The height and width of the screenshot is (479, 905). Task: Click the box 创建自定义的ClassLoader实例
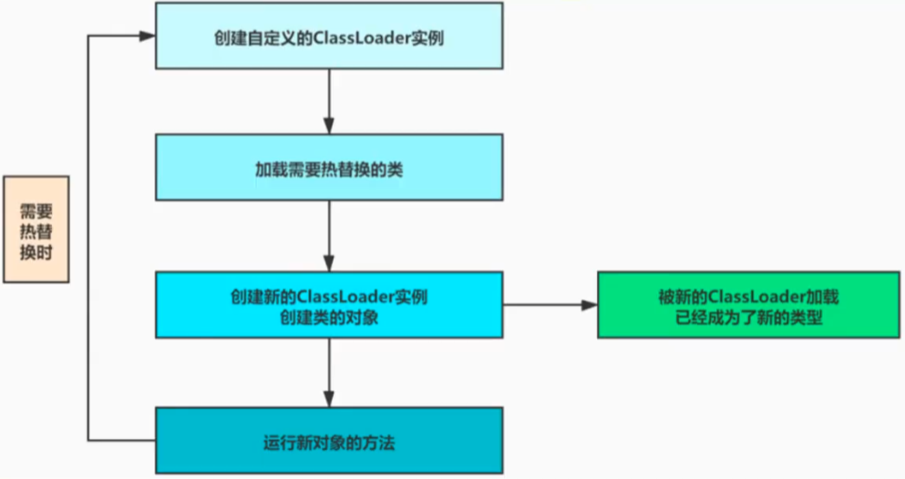pyautogui.click(x=329, y=36)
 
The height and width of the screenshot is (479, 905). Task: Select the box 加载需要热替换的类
pyautogui.click(x=329, y=168)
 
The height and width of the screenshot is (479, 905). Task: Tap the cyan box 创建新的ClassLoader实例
pyautogui.click(x=329, y=305)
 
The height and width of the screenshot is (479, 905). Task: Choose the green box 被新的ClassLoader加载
pyautogui.click(x=748, y=305)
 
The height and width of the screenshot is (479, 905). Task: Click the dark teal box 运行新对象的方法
pyautogui.click(x=329, y=441)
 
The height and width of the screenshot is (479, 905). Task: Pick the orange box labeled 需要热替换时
pyautogui.click(x=36, y=229)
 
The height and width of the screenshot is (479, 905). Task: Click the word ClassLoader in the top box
pyautogui.click(x=362, y=38)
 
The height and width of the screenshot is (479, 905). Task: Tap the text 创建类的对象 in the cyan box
pyautogui.click(x=329, y=318)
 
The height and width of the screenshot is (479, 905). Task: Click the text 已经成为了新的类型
pyautogui.click(x=748, y=318)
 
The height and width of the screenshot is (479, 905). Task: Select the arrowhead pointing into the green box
pyautogui.click(x=590, y=305)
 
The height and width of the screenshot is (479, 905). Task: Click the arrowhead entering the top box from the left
pyautogui.click(x=147, y=36)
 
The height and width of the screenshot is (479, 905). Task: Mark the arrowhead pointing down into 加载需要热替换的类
pyautogui.click(x=329, y=126)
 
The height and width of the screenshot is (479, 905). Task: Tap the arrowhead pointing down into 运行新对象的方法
pyautogui.click(x=329, y=400)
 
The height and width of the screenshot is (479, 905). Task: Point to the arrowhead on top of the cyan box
pyautogui.click(x=329, y=263)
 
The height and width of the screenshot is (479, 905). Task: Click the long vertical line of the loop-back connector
pyautogui.click(x=87, y=238)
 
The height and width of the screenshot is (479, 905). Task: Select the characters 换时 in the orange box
pyautogui.click(x=36, y=252)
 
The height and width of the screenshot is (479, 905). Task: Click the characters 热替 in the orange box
pyautogui.click(x=36, y=231)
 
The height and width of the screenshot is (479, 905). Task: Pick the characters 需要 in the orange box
pyautogui.click(x=36, y=211)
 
